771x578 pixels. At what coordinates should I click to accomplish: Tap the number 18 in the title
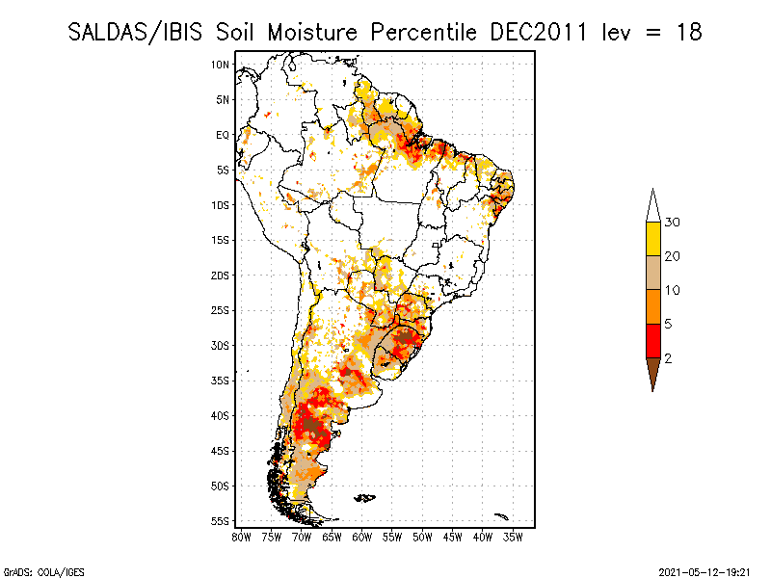[x=688, y=32]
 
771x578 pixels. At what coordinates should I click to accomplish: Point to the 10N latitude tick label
[x=221, y=65]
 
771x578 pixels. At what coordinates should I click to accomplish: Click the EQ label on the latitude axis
[x=223, y=135]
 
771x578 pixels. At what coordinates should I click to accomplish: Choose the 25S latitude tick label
[x=221, y=310]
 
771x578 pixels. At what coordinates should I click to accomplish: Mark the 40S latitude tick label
[x=221, y=415]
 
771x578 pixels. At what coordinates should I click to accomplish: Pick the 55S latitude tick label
[x=221, y=521]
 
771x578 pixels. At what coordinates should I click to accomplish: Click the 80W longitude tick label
[x=241, y=537]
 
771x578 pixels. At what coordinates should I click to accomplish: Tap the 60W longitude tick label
[x=362, y=537]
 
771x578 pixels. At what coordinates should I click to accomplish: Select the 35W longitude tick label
[x=513, y=537]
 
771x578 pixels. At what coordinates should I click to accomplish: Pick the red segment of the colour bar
[x=652, y=340]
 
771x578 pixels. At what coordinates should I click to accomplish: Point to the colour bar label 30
[x=673, y=223]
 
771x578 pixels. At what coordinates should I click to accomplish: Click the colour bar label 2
[x=668, y=357]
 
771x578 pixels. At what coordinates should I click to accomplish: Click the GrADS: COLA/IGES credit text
[x=34, y=571]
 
